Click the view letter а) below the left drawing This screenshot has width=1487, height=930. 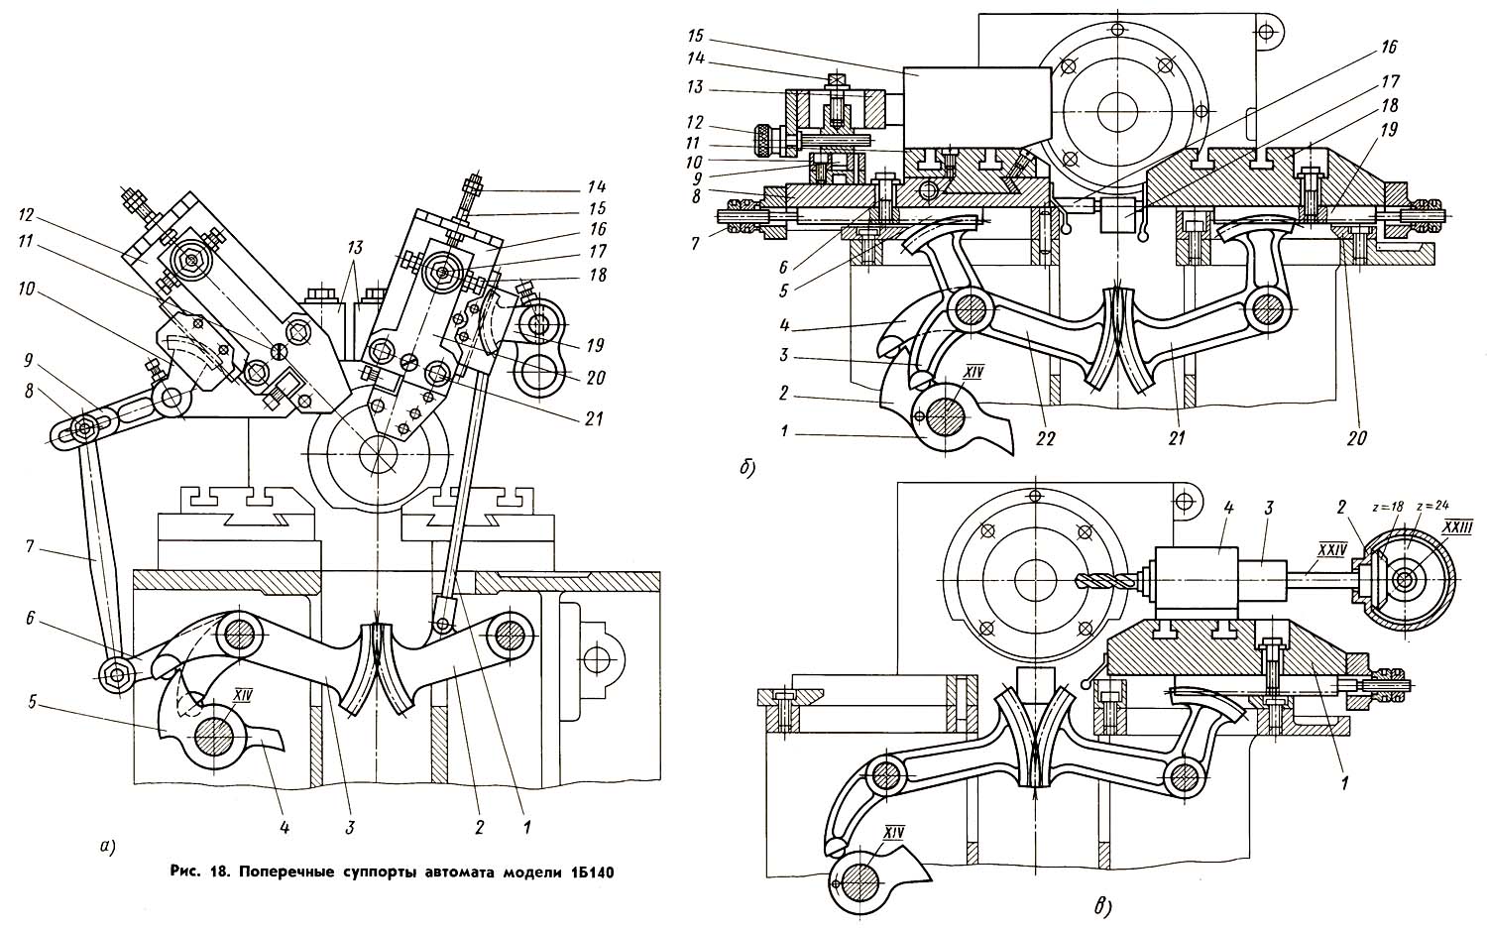(x=106, y=845)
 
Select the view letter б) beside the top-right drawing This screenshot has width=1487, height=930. (x=747, y=469)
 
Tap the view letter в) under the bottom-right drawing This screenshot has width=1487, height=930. (x=1103, y=908)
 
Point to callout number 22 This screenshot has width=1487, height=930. (x=1045, y=439)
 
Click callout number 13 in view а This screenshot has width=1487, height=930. (x=355, y=248)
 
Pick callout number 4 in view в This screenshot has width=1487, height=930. (x=1229, y=509)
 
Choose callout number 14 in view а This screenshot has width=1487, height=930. (x=597, y=186)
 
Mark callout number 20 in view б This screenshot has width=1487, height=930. (x=1356, y=439)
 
